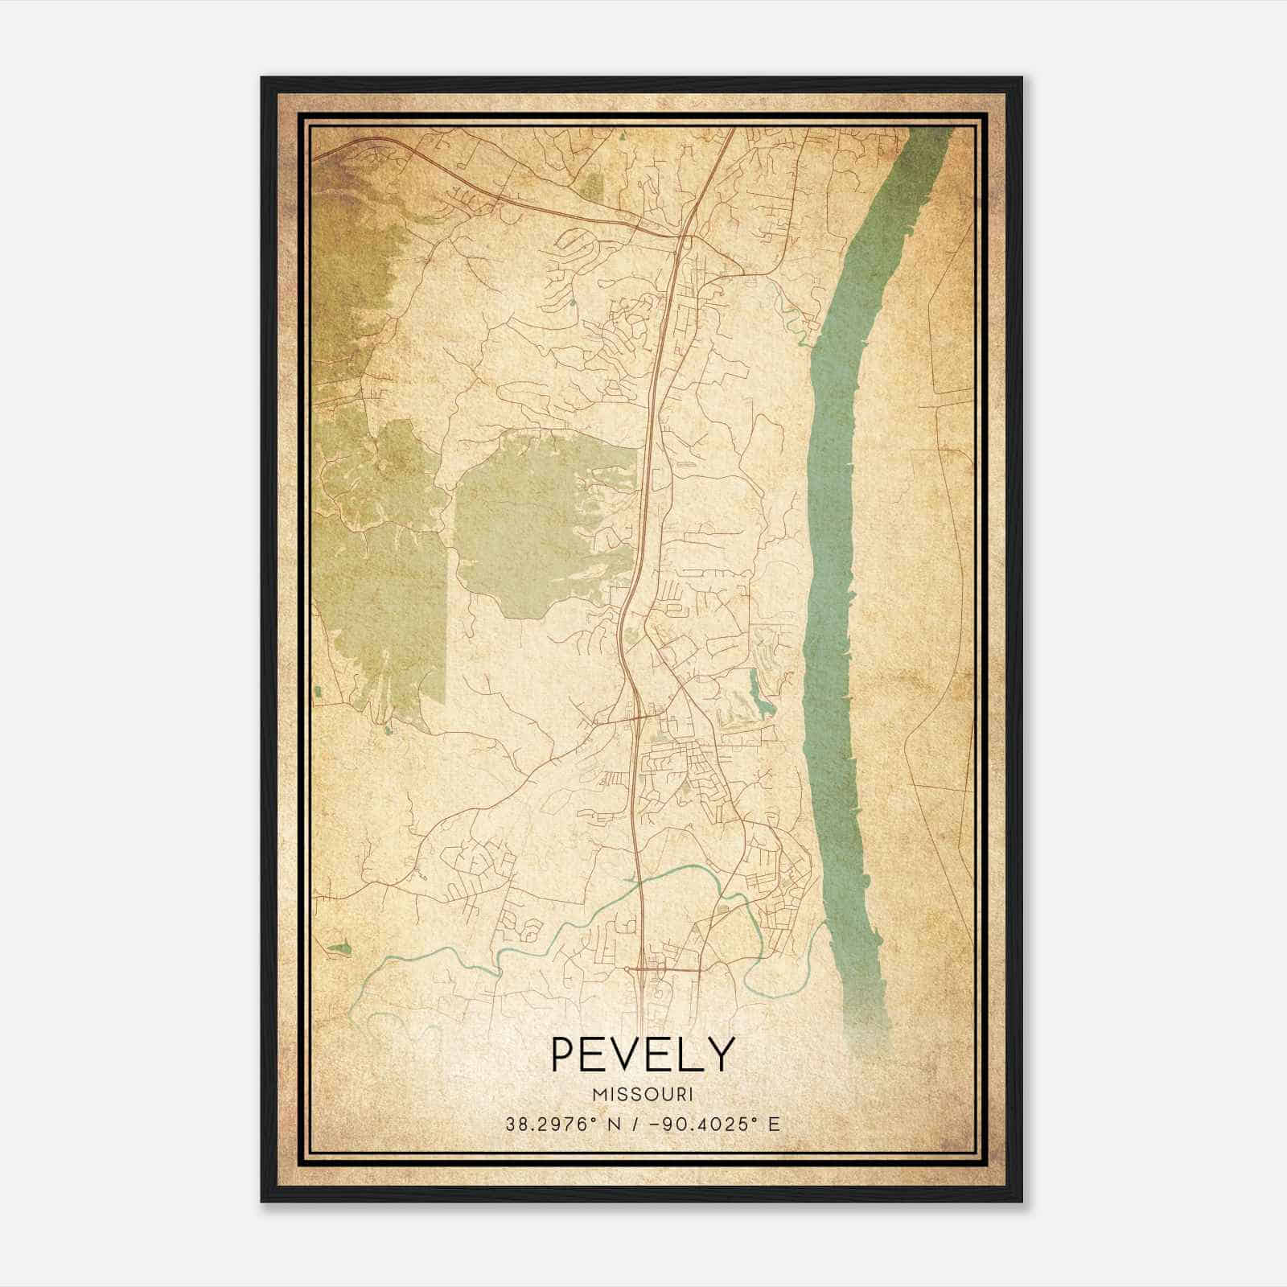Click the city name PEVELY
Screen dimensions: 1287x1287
pyautogui.click(x=643, y=1055)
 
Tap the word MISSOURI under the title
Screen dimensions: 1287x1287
pyautogui.click(x=643, y=1095)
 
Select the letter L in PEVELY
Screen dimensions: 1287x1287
pyautogui.click(x=694, y=1055)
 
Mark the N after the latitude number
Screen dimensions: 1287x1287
pyautogui.click(x=615, y=1125)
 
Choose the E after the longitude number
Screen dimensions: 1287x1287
pyautogui.click(x=774, y=1125)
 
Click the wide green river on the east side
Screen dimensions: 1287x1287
pyautogui.click(x=837, y=563)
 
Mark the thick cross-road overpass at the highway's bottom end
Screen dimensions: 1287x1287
pyautogui.click(x=664, y=970)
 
